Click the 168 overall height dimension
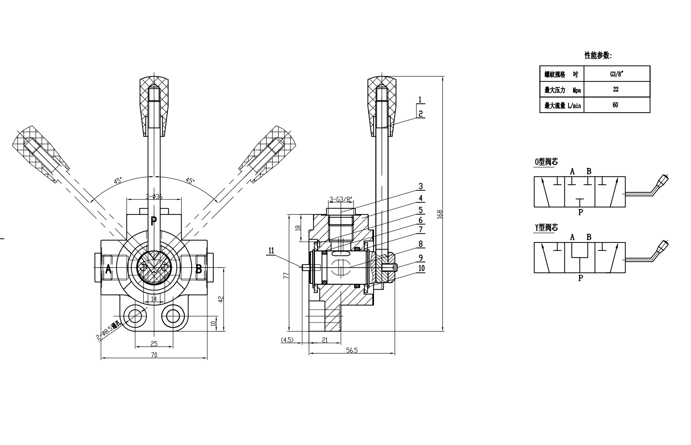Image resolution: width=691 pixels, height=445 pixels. pyautogui.click(x=440, y=214)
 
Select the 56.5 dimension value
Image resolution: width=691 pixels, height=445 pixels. pyautogui.click(x=352, y=350)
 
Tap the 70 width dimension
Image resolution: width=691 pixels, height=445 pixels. pyautogui.click(x=154, y=355)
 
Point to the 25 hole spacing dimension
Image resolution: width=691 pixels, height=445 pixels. pyautogui.click(x=154, y=344)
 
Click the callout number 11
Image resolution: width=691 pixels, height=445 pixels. pyautogui.click(x=271, y=251)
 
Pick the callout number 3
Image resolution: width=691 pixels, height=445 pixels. pyautogui.click(x=420, y=186)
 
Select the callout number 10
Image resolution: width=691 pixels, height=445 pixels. pyautogui.click(x=421, y=268)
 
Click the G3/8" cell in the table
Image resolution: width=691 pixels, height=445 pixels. pyautogui.click(x=617, y=74)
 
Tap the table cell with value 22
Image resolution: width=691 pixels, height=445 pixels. pyautogui.click(x=617, y=89)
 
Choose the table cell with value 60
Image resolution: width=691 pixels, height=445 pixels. pyautogui.click(x=617, y=105)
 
